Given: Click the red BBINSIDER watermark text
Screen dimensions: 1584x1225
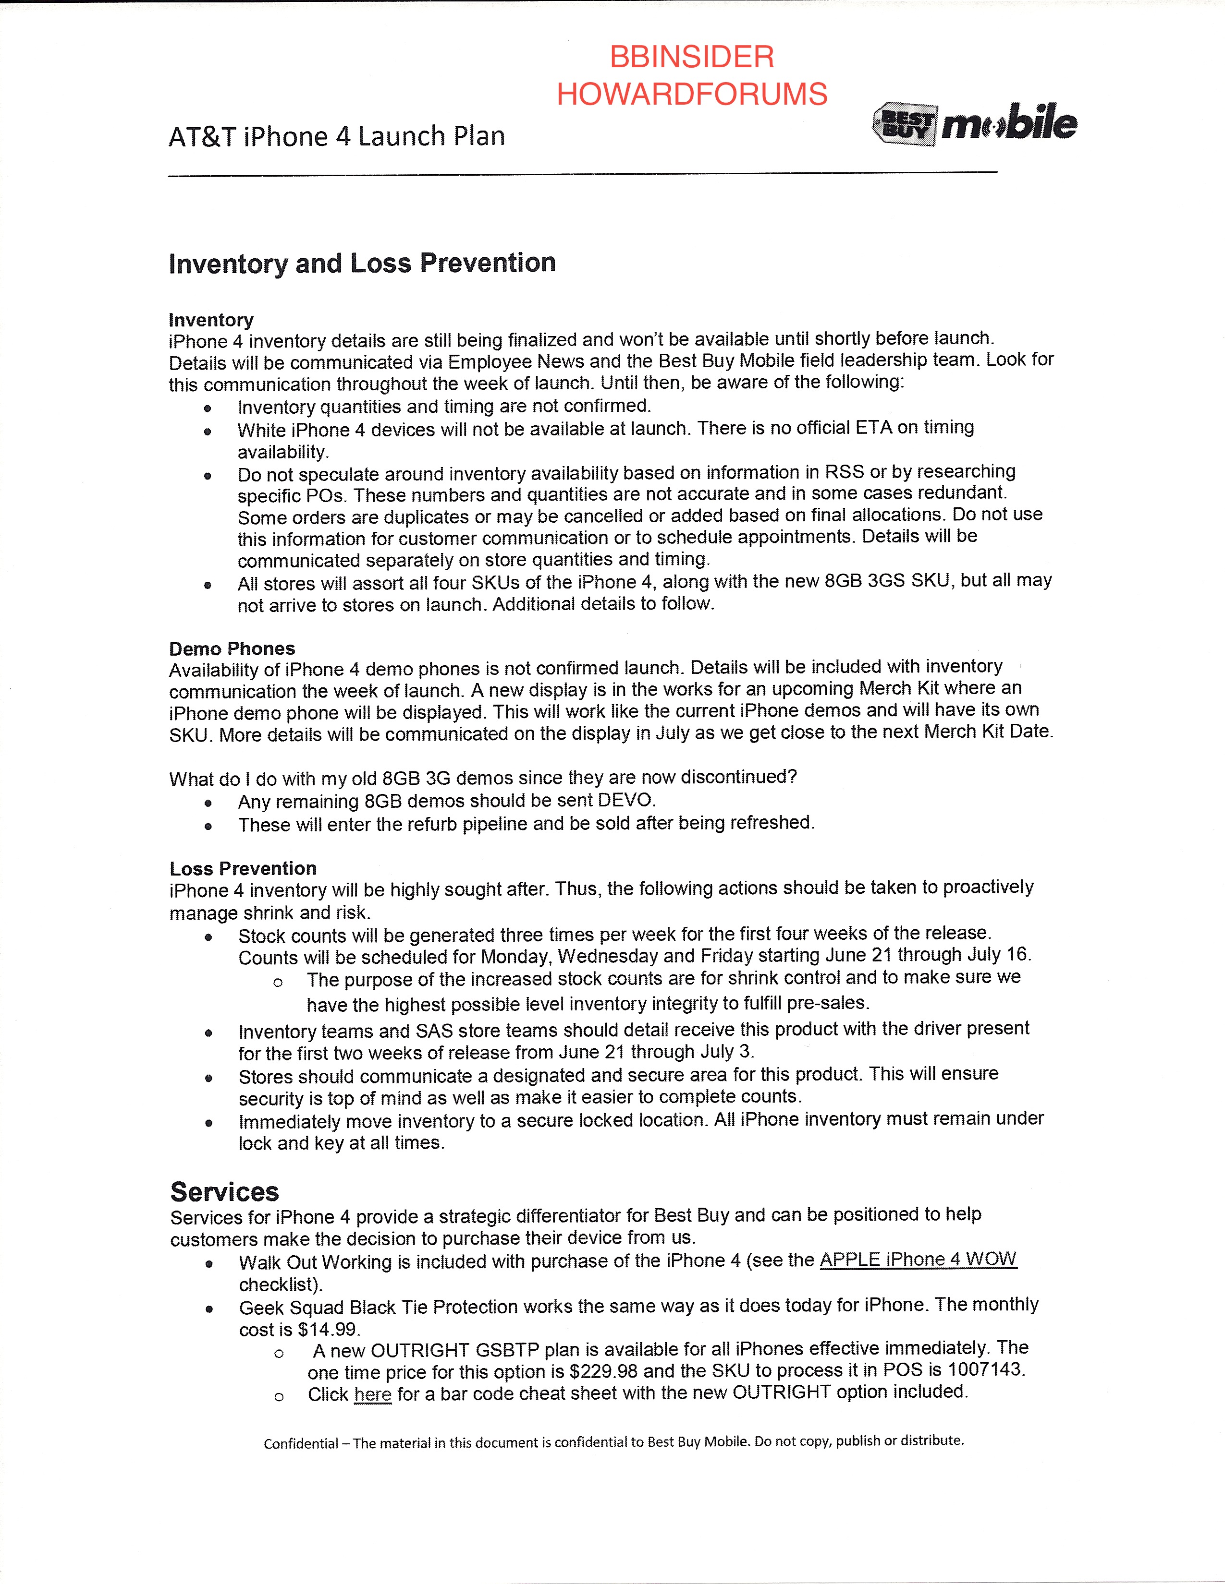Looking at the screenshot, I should tap(692, 57).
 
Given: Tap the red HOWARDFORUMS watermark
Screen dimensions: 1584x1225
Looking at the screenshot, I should tap(692, 94).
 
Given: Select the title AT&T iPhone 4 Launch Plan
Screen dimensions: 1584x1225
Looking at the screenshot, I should tap(337, 136).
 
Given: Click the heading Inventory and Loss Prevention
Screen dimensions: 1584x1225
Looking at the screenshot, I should tap(362, 263).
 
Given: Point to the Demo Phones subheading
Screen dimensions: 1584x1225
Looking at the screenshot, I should tap(232, 648).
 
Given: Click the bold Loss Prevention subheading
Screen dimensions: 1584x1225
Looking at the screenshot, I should tap(243, 868).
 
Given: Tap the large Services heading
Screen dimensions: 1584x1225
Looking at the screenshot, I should tap(224, 1192).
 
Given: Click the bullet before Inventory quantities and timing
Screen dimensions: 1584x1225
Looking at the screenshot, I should tap(208, 408).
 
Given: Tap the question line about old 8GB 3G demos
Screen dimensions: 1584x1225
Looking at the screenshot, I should tap(483, 778).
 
